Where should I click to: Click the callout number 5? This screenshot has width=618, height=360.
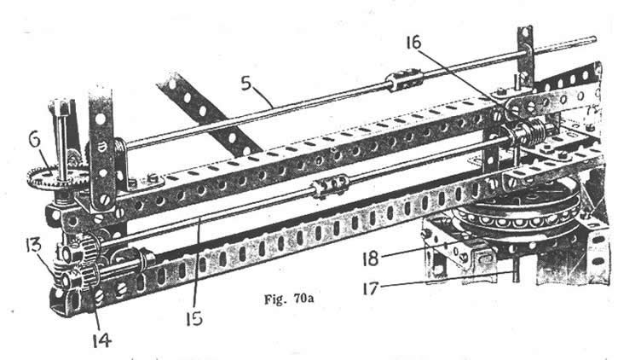pos(246,84)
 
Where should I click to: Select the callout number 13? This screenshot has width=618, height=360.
pos(33,245)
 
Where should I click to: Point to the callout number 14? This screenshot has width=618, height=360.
pos(101,340)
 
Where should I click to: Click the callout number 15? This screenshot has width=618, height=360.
pos(194,318)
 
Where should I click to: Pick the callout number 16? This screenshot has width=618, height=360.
pos(413,42)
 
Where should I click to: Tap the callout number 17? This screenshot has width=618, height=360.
pos(370,288)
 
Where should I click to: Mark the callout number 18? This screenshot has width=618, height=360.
pos(371,258)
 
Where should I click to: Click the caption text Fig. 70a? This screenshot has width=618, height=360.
pos(289,299)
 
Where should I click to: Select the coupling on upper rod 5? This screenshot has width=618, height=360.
pos(404,80)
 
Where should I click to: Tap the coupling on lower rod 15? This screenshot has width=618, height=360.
pos(331,184)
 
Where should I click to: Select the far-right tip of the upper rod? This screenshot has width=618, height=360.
pos(594,38)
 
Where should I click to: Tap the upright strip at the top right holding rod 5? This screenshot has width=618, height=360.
pos(526,55)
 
